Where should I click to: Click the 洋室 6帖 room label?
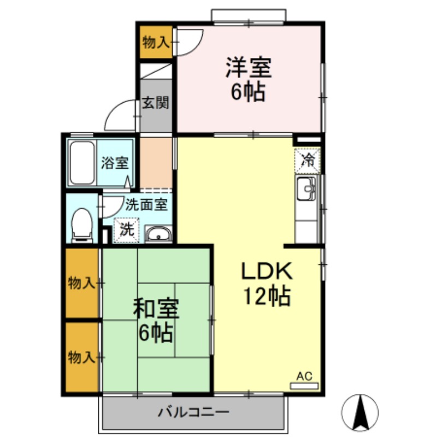tap(249, 79)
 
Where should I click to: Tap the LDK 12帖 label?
tap(267, 283)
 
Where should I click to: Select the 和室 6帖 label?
tap(156, 320)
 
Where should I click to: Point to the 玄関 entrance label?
tap(156, 103)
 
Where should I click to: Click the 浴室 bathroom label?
tap(115, 163)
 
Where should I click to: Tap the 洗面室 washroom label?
tap(146, 205)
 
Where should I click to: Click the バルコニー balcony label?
tap(193, 411)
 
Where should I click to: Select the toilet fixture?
tap(81, 225)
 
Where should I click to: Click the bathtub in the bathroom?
tap(82, 163)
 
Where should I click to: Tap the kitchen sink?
tap(306, 188)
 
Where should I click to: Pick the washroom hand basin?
tap(158, 234)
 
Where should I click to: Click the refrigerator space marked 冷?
tap(308, 161)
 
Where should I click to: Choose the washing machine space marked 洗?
tap(127, 229)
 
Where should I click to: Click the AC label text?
tap(304, 376)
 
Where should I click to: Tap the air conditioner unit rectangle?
tap(304, 386)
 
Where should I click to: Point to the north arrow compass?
tap(360, 412)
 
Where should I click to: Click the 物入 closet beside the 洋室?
tap(156, 43)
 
